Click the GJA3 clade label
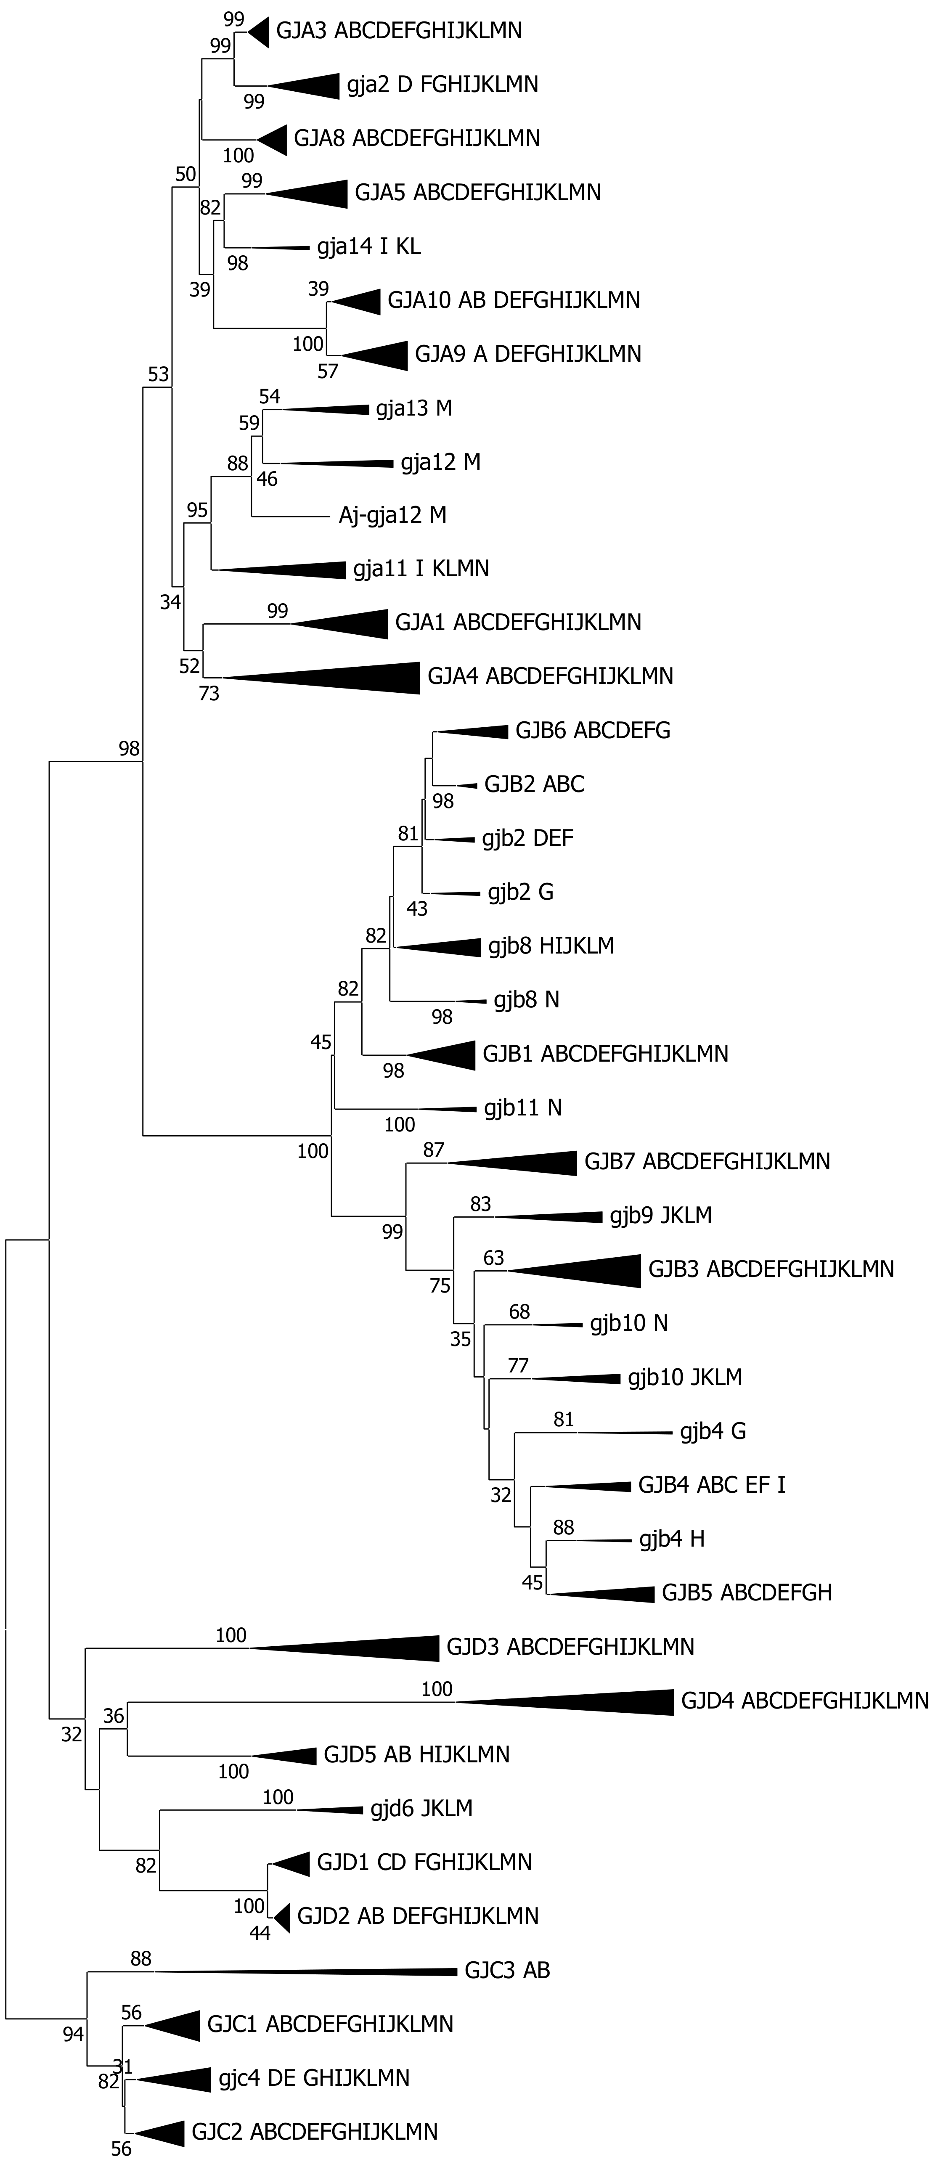click(x=399, y=31)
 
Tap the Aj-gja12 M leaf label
click(x=392, y=515)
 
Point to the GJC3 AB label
click(x=506, y=1970)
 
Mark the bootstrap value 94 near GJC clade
click(x=73, y=2034)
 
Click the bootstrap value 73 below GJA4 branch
click(x=209, y=694)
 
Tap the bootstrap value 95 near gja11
click(x=197, y=510)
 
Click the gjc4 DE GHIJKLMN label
click(x=314, y=2078)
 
